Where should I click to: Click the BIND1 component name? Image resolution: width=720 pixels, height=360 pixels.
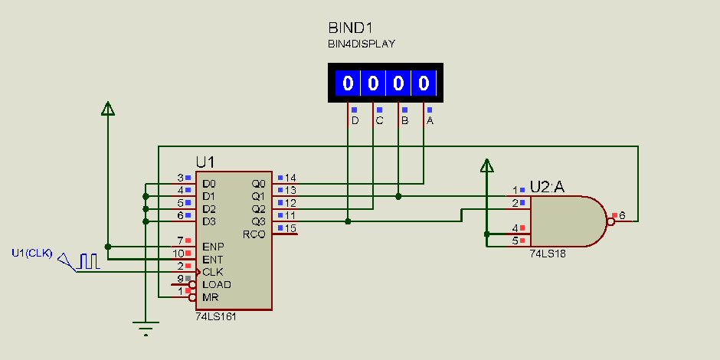coord(352,28)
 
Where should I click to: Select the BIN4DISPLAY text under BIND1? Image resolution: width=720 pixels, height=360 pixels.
coord(362,44)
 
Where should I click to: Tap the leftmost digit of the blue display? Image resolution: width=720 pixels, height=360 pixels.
coord(348,83)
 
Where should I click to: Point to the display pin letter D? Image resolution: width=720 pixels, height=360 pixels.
coord(355,121)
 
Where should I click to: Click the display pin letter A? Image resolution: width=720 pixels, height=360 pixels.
coord(430,121)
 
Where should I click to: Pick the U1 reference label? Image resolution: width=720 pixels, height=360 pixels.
coord(205,162)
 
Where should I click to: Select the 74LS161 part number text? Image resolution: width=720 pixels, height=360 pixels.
coord(215,316)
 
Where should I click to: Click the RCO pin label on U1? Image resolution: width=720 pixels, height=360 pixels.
coord(254,234)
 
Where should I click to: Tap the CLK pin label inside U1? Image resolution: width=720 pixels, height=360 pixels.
coord(213,272)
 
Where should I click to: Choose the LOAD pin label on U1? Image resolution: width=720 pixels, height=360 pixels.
coord(217,284)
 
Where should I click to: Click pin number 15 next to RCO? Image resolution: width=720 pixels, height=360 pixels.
coord(290,227)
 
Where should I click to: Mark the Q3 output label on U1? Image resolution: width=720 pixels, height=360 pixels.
coord(258,221)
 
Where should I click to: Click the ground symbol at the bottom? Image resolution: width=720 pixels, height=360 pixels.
coord(146,326)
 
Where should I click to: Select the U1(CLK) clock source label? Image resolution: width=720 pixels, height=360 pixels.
coord(32,253)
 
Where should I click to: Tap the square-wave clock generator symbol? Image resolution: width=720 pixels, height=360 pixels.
coord(89,260)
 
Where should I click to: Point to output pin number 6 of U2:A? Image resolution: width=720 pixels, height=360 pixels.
coord(622,215)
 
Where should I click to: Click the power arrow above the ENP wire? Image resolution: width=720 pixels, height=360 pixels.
coord(108,109)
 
